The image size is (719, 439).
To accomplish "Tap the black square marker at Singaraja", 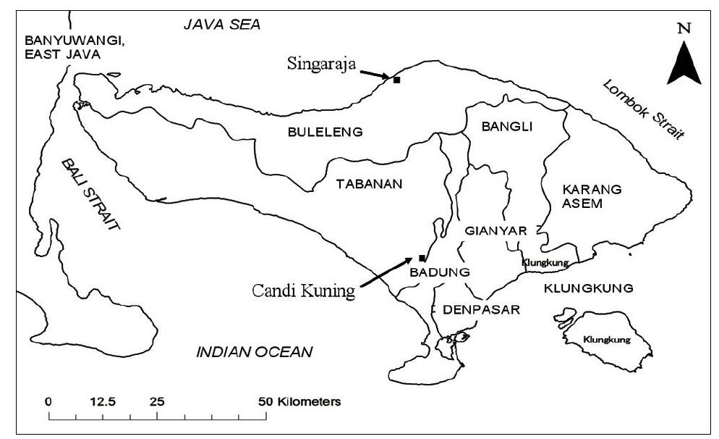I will coord(396,80).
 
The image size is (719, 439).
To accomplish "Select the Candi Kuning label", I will coord(304,290).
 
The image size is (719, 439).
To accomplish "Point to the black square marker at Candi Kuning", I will coord(422,258).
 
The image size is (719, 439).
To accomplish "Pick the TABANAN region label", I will coord(369,184).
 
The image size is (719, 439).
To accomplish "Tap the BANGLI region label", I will coord(506,127).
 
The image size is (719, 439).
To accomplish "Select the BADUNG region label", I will coord(440,272).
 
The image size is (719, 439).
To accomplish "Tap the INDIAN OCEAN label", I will coord(255,353).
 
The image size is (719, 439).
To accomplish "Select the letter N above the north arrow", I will coord(684,28).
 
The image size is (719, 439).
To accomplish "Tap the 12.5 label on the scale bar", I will coord(103,401).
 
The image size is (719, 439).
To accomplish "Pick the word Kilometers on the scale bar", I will coord(311,401).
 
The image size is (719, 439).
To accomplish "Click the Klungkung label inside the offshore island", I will coord(606,339).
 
